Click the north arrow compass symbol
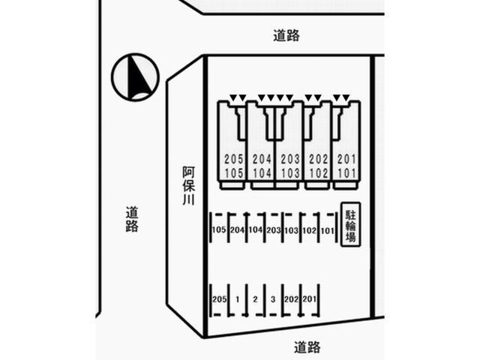point(134,77)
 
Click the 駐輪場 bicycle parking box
point(349,223)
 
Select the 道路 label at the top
point(286,34)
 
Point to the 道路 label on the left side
point(132,219)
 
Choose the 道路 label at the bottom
point(307,346)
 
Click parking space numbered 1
point(238,300)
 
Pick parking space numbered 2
point(256,300)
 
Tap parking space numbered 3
point(274,300)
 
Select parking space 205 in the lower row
point(219,300)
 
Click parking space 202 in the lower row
point(292,300)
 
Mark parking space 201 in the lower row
point(310,300)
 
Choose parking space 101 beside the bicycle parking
point(327,230)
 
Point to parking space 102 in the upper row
point(309,230)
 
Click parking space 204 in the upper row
point(237,230)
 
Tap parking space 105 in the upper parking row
point(219,230)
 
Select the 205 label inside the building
point(234,159)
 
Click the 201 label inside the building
point(346,159)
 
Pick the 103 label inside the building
point(289,172)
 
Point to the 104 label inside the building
point(262,172)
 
